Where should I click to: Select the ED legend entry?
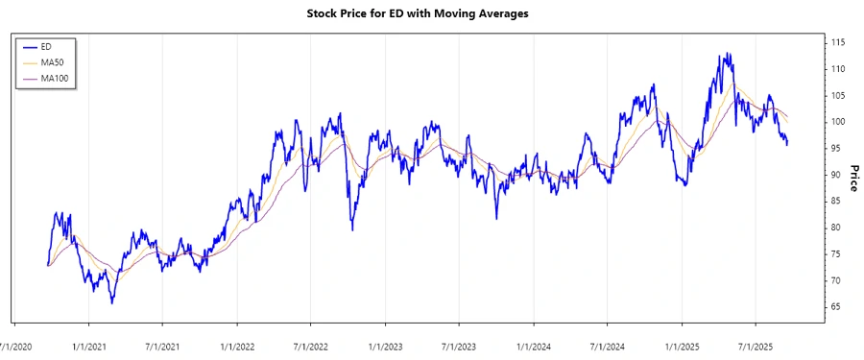click(x=45, y=46)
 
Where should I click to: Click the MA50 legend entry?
click(x=52, y=61)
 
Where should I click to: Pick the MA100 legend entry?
click(x=55, y=78)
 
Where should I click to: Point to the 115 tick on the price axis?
click(x=838, y=43)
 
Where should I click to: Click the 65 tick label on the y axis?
click(x=835, y=306)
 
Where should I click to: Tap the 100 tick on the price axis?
click(x=838, y=122)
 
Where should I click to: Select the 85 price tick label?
click(x=835, y=201)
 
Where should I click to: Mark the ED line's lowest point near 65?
click(x=111, y=303)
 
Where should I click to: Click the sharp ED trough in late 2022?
click(x=352, y=229)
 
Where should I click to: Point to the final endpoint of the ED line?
click(x=788, y=145)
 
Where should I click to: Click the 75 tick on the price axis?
click(x=835, y=253)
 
